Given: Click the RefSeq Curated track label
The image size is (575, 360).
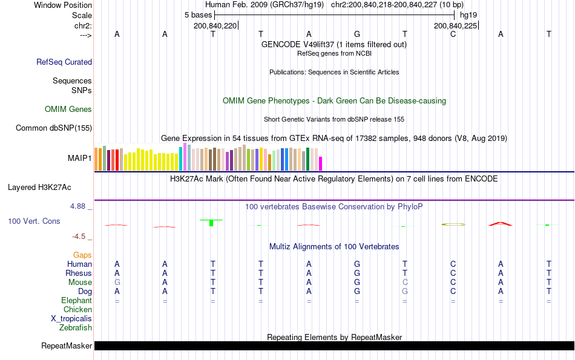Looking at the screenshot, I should pos(64,62).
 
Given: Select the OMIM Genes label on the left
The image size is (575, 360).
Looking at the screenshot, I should pos(68,110).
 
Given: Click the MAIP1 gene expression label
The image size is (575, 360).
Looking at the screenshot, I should pos(80,159).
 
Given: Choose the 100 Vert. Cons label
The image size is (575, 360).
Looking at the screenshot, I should pos(34,221).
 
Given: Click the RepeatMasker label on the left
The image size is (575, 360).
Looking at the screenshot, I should pos(67,346).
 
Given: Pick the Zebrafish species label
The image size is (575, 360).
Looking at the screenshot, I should pos(76,328).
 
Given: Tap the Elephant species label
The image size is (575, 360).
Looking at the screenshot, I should pos(76,301).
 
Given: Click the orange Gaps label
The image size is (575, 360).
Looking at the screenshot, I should pos(82,255).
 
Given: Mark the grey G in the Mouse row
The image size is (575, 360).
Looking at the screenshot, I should pos(117,283).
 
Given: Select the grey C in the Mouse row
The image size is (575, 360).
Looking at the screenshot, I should pos(405,283).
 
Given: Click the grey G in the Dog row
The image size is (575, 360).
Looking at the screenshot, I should pos(405,292).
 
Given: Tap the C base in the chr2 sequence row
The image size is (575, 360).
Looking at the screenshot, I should pos(453,34).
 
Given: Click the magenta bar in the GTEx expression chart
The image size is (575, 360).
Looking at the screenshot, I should pos(321,163).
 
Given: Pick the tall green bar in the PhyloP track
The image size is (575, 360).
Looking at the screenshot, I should pos(211,223).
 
